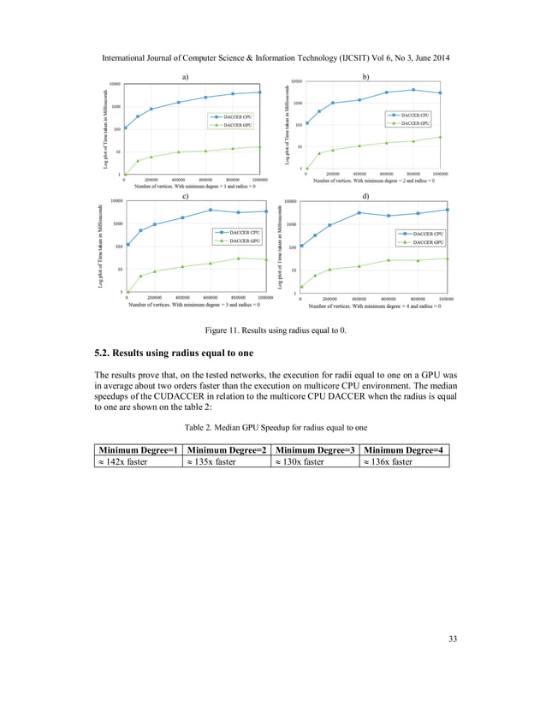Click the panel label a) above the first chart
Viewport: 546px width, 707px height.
click(185, 77)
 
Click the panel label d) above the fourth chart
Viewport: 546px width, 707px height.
click(366, 197)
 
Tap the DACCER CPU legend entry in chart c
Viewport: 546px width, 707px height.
click(239, 231)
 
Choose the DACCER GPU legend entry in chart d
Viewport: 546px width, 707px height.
click(420, 242)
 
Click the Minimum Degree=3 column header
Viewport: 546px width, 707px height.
click(314, 450)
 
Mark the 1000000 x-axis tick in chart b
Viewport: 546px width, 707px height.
click(440, 174)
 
